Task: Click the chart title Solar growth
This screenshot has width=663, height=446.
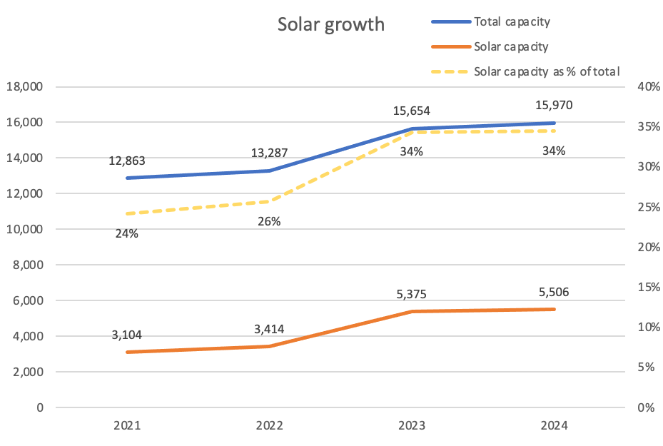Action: click(x=330, y=24)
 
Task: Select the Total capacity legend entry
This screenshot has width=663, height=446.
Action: click(x=512, y=21)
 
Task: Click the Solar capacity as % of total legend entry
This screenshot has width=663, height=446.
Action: click(x=547, y=71)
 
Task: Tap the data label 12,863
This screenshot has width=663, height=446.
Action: click(x=127, y=161)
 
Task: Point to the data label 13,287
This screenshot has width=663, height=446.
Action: click(x=269, y=153)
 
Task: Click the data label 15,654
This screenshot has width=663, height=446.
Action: click(x=412, y=111)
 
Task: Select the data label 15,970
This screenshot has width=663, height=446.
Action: click(x=554, y=106)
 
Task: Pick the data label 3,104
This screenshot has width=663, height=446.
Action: click(x=127, y=335)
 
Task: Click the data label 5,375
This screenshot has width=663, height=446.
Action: click(x=412, y=295)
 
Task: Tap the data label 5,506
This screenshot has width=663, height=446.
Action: click(x=554, y=292)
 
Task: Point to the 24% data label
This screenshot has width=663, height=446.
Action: click(x=127, y=233)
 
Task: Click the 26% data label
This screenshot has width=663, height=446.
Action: click(x=269, y=221)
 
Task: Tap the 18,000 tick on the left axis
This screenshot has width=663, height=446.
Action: click(x=25, y=87)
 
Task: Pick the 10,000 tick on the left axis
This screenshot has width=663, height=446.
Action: click(x=25, y=230)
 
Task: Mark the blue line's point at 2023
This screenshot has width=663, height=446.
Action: click(x=412, y=129)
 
